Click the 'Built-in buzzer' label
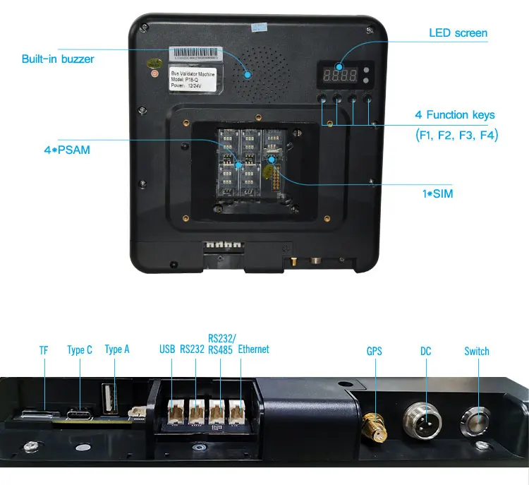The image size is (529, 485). pos(58,59)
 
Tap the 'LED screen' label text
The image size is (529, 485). pos(458,33)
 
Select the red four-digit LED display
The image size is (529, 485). pos(345,74)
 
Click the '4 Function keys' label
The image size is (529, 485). pos(455,115)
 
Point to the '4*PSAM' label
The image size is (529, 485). pos(66,150)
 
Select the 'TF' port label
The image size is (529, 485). pos(44,351)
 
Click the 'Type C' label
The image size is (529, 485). pos(80,350)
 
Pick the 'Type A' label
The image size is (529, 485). pos(117,349)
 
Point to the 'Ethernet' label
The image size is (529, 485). pos(254,349)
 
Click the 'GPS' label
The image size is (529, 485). pos(374,351)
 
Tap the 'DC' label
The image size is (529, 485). pos(425,351)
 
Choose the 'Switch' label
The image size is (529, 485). pos(477,351)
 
